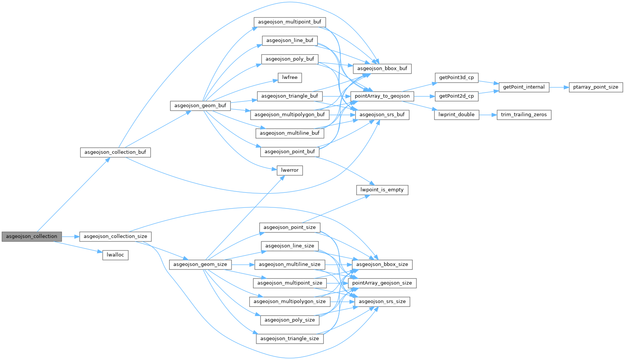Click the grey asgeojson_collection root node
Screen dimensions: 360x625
(x=32, y=236)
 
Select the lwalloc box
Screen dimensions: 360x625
(x=115, y=255)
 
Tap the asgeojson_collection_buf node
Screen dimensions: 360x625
(x=115, y=152)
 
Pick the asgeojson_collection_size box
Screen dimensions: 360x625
(x=115, y=236)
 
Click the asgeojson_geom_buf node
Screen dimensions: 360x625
(x=200, y=106)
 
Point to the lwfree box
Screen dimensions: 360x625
(x=290, y=77)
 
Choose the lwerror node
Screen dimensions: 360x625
(x=290, y=170)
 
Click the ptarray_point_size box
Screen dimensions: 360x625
(x=596, y=87)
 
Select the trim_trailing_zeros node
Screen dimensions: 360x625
(x=524, y=115)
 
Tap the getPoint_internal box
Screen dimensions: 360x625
(x=524, y=87)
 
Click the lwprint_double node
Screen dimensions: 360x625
(x=457, y=115)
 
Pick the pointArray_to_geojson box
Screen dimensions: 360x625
(x=382, y=96)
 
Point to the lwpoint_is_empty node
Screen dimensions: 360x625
(x=382, y=190)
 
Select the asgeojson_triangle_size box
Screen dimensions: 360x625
(x=290, y=339)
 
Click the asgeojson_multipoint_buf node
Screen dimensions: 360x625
(x=290, y=22)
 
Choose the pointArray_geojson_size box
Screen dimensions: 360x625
(x=382, y=283)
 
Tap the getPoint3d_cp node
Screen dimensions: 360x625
(x=457, y=78)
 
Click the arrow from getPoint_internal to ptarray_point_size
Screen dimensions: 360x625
(x=559, y=87)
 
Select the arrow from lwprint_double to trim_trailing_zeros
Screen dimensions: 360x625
(x=488, y=115)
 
